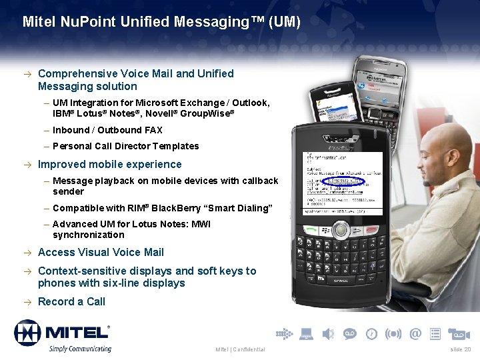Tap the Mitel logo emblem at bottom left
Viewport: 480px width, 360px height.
tap(27, 333)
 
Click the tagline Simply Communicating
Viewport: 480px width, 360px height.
tap(79, 349)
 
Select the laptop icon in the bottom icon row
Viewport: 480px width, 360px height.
tap(307, 333)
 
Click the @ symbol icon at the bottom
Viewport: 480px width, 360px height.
tap(415, 333)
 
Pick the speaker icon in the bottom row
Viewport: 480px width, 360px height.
tap(328, 333)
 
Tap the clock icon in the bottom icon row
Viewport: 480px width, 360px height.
tap(371, 333)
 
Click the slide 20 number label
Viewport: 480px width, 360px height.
tap(461, 349)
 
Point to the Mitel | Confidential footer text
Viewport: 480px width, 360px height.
tap(240, 349)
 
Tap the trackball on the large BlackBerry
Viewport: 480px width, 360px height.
tap(341, 229)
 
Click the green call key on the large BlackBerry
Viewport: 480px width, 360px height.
tap(311, 228)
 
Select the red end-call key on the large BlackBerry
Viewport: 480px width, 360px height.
tap(371, 228)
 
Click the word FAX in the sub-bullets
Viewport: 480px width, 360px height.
tap(153, 130)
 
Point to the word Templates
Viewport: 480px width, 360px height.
tap(175, 146)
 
